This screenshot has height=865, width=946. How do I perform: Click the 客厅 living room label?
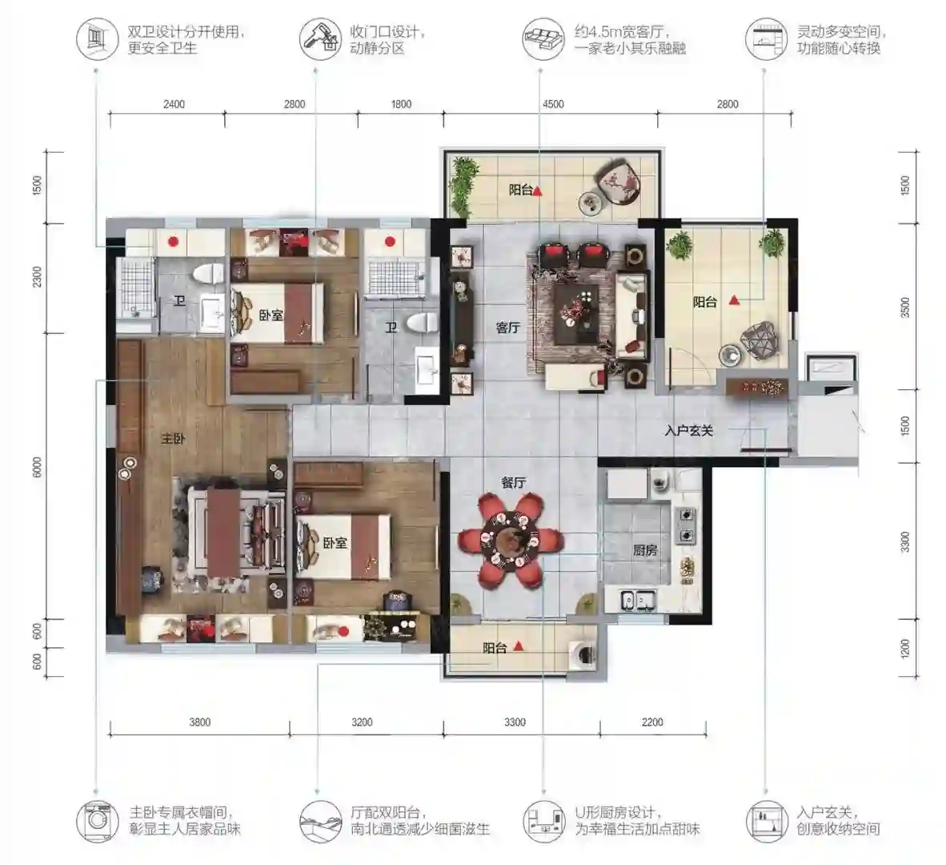507,328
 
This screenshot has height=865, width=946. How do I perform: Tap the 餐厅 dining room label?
514,482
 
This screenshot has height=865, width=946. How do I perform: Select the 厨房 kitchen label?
645,550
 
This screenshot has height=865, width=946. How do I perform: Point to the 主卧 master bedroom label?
173,439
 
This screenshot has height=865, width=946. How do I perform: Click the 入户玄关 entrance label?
689,431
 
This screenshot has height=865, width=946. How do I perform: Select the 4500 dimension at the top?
553,104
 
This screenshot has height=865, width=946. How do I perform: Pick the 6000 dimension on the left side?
38,467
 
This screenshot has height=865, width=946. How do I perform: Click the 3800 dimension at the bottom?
200,722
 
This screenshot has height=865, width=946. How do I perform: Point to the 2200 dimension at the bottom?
652,722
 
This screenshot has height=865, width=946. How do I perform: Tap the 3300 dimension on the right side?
904,541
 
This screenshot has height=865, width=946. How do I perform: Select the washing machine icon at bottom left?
97,821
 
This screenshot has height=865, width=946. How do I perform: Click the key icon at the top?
320,38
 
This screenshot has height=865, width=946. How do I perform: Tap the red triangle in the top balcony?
538,191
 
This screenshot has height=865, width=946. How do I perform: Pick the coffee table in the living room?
576,313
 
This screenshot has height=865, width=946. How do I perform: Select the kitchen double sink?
639,600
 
